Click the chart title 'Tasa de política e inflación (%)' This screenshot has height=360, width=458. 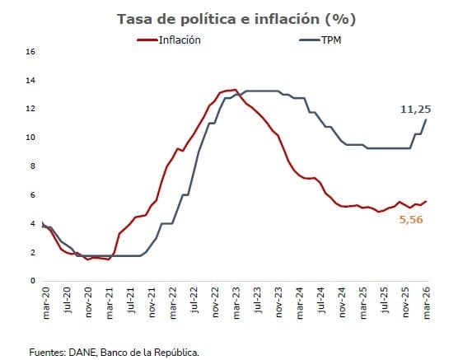click(231, 18)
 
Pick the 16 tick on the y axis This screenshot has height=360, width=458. click(30, 51)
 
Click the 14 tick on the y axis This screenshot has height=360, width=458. click(30, 80)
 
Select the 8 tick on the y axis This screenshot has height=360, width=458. click(32, 166)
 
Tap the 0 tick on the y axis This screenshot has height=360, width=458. click(32, 280)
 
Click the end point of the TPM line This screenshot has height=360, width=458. click(426, 119)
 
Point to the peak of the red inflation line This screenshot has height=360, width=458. click(235, 90)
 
